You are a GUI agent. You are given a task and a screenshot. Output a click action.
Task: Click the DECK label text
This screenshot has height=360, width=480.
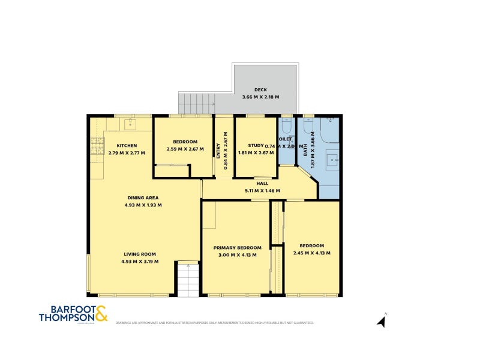coord(260,89)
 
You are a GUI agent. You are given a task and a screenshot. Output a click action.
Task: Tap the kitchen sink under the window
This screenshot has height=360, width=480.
coord(129,124)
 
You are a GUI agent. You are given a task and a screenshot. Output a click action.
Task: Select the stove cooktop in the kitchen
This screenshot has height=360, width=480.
coord(97,146)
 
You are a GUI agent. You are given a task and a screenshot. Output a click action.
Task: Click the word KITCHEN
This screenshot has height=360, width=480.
coord(127,145)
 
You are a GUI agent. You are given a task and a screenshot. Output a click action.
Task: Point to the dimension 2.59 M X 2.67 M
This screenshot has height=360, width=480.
coord(185,149)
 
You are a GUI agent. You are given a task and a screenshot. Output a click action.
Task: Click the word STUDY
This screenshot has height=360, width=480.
coord(256,145)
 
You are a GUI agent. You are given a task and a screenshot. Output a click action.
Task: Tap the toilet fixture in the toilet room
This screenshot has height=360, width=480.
coord(286,128)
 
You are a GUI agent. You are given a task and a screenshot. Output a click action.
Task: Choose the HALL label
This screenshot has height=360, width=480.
coord(262,184)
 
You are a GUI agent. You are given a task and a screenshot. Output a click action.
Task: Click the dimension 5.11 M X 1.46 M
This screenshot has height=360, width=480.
coord(263,191)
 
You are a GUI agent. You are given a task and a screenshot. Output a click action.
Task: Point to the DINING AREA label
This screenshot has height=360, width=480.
coord(143,197)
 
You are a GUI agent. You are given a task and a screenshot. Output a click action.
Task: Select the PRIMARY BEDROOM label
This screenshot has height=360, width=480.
coord(237,248)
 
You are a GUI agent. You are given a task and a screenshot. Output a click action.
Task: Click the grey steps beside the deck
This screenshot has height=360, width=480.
coord(196,103)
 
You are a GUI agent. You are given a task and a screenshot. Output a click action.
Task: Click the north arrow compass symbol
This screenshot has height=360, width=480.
coord(381,321)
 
